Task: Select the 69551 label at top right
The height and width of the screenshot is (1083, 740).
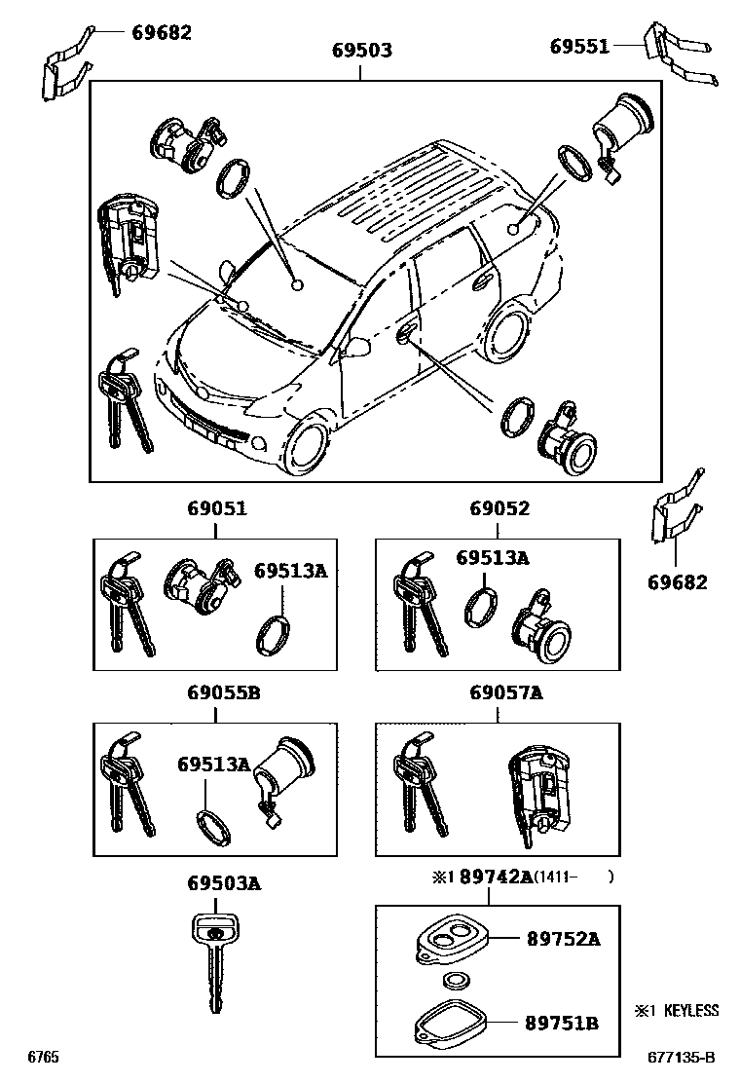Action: pos(578,46)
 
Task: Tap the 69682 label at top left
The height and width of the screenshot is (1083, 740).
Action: pos(162,32)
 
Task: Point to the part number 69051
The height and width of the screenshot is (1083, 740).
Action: pos(216,508)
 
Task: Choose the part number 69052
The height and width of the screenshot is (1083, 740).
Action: pos(499,508)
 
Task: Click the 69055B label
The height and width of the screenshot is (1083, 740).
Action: pos(223,693)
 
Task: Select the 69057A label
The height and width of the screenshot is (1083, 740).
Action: pos(505,693)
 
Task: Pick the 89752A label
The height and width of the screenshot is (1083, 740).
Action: pos(563,939)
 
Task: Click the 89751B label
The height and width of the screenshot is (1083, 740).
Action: pos(563,1023)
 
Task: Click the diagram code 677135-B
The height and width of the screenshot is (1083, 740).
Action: pos(682,1057)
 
